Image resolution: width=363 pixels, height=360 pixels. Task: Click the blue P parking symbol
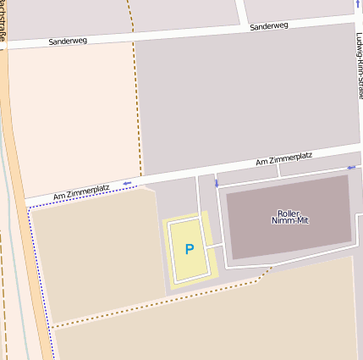pyautogui.click(x=190, y=249)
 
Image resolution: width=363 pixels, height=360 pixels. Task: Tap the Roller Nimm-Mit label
pyautogui.click(x=289, y=217)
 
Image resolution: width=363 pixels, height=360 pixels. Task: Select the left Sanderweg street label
pyautogui.click(x=68, y=40)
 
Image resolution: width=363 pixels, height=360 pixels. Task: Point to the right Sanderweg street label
pyautogui.click(x=269, y=26)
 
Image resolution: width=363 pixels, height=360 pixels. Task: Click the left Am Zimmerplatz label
pyautogui.click(x=81, y=192)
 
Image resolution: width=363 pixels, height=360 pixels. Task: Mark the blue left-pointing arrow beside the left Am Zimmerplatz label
pyautogui.click(x=128, y=182)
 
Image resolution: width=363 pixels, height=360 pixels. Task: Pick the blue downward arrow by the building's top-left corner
pyautogui.click(x=217, y=183)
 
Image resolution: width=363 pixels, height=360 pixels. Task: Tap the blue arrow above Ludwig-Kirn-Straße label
pyautogui.click(x=357, y=5)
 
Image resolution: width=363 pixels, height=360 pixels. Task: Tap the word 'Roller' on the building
pyautogui.click(x=289, y=213)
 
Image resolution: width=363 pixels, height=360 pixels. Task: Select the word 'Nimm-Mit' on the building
pyautogui.click(x=289, y=221)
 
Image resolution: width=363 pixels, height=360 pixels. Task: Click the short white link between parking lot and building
pyautogui.click(x=214, y=246)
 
